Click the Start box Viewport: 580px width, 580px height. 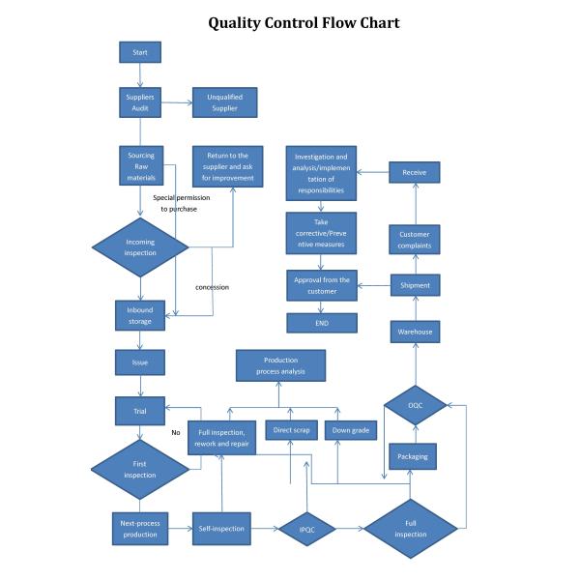pyautogui.click(x=140, y=52)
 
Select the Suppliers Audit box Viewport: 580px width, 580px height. pyautogui.click(x=140, y=102)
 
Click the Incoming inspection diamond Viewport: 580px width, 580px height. pyautogui.click(x=140, y=246)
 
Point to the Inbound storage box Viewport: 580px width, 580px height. pyautogui.click(x=140, y=316)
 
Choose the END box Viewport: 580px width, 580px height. pyautogui.click(x=321, y=323)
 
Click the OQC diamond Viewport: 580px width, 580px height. pyautogui.click(x=415, y=405)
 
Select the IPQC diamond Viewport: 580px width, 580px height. pyautogui.click(x=306, y=529)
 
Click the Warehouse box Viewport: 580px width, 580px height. pyautogui.click(x=415, y=332)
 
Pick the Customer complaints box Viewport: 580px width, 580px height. pyautogui.click(x=415, y=239)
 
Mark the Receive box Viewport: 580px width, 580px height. pyautogui.click(x=415, y=172)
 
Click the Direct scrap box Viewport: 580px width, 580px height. pyautogui.click(x=291, y=431)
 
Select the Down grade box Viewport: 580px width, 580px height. pyautogui.click(x=349, y=431)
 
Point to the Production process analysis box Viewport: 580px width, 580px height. pyautogui.click(x=280, y=365)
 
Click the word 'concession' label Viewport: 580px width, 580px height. pyautogui.click(x=212, y=287)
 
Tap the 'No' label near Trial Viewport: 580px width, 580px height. pyautogui.click(x=176, y=432)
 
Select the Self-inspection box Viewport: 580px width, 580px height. pyautogui.click(x=221, y=529)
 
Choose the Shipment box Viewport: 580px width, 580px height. pyautogui.click(x=415, y=285)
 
